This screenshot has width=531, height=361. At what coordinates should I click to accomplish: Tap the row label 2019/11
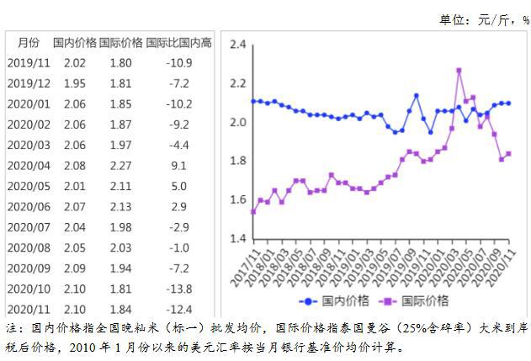(x=29, y=63)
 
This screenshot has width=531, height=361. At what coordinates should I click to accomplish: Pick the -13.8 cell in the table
(x=178, y=289)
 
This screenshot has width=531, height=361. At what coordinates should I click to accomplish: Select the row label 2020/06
(x=29, y=207)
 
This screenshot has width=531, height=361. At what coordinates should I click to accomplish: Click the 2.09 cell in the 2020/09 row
(x=75, y=268)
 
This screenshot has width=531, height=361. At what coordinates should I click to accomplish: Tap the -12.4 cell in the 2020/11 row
(x=178, y=310)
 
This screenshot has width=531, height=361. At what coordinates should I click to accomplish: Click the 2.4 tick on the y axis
(x=238, y=45)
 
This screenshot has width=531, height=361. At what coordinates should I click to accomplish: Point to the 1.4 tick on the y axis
(x=238, y=239)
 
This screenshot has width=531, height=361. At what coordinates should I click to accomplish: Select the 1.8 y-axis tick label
(x=238, y=162)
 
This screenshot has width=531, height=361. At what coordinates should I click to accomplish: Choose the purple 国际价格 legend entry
(x=413, y=301)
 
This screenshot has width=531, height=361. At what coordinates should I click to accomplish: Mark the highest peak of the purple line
(x=459, y=71)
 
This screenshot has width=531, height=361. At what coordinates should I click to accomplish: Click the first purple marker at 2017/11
(x=253, y=211)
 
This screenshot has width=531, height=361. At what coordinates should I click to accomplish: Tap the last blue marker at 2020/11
(x=508, y=103)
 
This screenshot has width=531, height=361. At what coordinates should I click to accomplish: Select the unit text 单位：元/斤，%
(x=480, y=19)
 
